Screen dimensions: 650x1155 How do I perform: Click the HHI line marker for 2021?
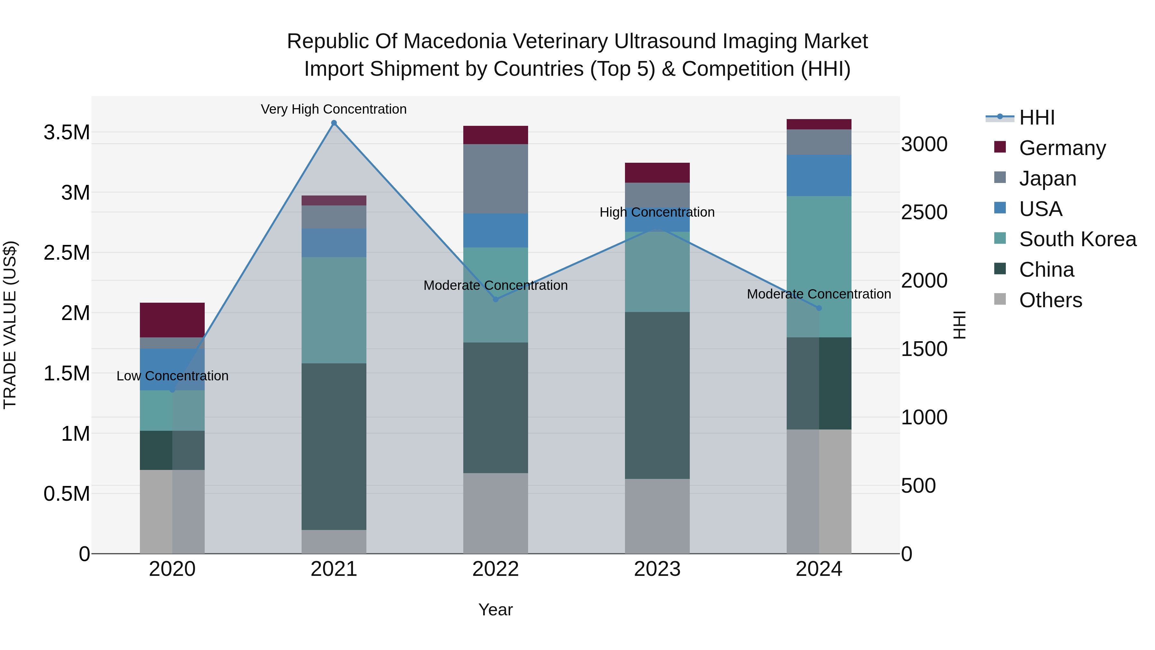[x=334, y=123]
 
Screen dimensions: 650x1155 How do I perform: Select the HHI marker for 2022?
[x=495, y=299]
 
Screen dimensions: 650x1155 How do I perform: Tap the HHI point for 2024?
[x=819, y=308]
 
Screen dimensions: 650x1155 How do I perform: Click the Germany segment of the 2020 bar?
[x=172, y=320]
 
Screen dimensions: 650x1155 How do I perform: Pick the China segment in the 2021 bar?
[x=334, y=446]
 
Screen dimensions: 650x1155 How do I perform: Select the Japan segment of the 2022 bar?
[x=495, y=178]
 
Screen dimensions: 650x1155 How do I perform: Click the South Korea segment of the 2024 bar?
[x=819, y=266]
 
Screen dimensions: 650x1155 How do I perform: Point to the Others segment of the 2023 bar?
[x=657, y=516]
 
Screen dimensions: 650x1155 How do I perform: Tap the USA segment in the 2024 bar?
[x=819, y=175]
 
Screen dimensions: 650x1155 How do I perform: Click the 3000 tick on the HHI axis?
[x=924, y=144]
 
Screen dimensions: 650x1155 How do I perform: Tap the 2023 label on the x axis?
[x=657, y=569]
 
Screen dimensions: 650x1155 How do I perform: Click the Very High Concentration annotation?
[x=334, y=109]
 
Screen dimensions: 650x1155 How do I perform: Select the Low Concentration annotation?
[x=172, y=376]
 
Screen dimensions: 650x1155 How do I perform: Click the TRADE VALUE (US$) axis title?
[x=10, y=325]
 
